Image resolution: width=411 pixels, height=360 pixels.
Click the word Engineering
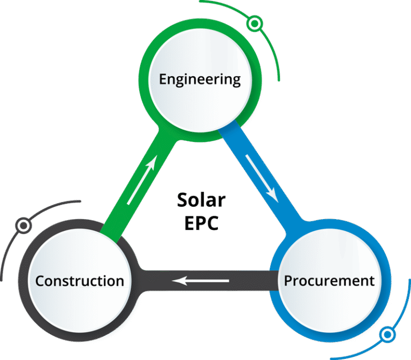(200, 80)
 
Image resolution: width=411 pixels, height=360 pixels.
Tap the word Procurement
(329, 280)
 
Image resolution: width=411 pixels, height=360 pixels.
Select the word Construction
(80, 281)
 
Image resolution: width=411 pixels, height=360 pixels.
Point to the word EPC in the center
(201, 223)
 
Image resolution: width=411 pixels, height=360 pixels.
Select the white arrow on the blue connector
(262, 178)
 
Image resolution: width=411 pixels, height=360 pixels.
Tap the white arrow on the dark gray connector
(201, 280)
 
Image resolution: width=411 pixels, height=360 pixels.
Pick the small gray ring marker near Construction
(23, 226)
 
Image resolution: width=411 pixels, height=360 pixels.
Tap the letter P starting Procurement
(288, 280)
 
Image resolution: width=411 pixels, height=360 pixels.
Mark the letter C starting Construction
(40, 281)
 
